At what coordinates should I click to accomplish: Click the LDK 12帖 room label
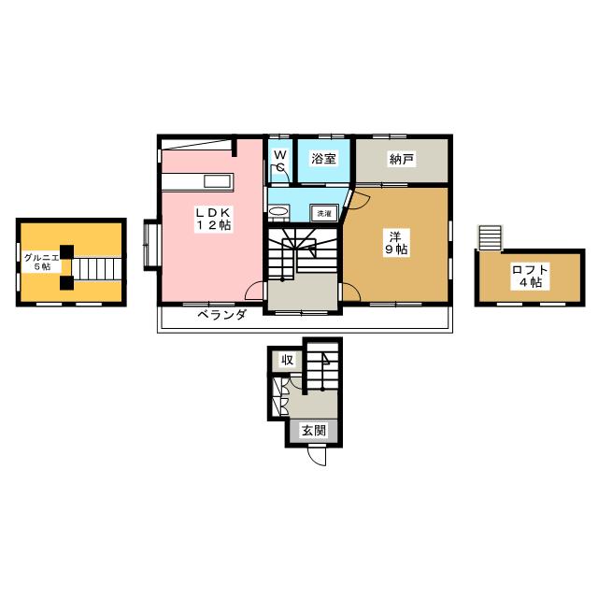tap(213, 219)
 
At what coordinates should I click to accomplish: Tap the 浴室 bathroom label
tap(323, 158)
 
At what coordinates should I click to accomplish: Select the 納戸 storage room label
tap(402, 159)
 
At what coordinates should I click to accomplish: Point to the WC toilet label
tap(280, 161)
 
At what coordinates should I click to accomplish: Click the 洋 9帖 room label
tap(395, 243)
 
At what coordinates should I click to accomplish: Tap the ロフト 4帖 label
tap(530, 277)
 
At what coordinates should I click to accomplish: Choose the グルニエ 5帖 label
tap(41, 262)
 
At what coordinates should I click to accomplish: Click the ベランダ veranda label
tap(222, 315)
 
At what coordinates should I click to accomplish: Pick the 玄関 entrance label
tap(314, 431)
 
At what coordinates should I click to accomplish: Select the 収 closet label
tap(287, 360)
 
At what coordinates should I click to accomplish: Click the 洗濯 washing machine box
tap(324, 214)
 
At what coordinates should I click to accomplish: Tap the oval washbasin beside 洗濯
tap(278, 212)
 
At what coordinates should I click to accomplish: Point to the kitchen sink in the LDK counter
tap(218, 181)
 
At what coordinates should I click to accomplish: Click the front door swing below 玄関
tap(318, 456)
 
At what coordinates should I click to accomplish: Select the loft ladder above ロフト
tap(490, 237)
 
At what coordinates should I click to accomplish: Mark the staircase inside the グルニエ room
tap(97, 269)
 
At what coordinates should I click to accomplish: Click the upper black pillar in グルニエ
tap(67, 251)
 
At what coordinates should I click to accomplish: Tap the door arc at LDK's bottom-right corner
tap(254, 291)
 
